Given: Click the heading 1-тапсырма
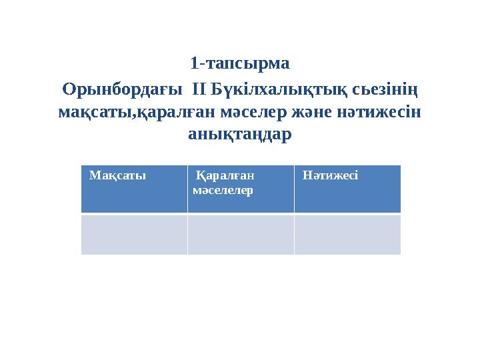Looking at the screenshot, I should (240, 64).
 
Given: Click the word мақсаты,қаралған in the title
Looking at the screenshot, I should (134, 111).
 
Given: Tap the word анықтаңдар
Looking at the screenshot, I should (240, 135).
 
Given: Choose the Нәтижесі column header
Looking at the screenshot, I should (331, 176).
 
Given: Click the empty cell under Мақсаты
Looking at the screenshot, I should (134, 234).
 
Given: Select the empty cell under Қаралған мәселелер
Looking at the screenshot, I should (241, 234).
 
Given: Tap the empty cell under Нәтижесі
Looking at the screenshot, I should (347, 234).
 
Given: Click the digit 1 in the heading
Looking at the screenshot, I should (194, 64).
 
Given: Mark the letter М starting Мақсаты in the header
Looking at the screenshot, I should (93, 176).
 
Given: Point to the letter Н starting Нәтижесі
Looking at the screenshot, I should (307, 176).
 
